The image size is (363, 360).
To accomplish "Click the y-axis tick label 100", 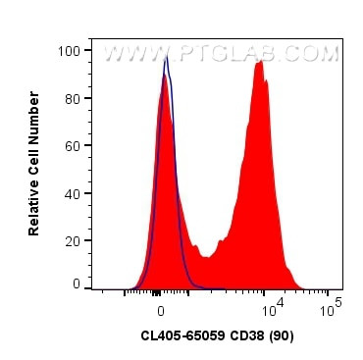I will [x=70, y=50].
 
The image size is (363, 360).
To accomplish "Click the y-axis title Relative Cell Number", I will [x=34, y=164].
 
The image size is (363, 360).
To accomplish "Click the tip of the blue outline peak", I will [x=167, y=57].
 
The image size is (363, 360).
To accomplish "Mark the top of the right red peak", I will [x=259, y=61].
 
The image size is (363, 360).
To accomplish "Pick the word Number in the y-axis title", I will [x=34, y=116].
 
